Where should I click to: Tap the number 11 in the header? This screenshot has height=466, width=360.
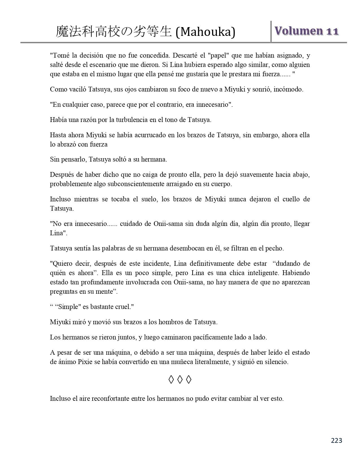[x=332, y=31]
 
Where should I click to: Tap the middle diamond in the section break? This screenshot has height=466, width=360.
[x=180, y=380]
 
